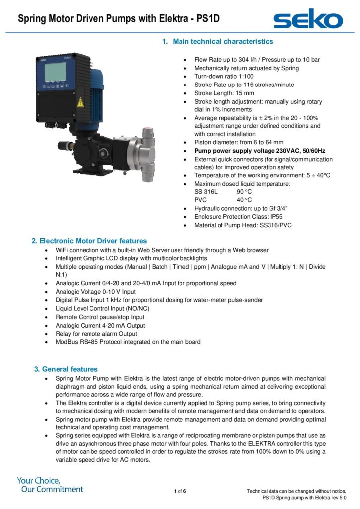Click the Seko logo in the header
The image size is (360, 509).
coord(308,19)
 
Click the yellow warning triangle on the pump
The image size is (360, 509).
coord(80,102)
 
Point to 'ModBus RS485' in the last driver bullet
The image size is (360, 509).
coord(77,342)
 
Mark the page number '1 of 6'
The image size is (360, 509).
coord(180,492)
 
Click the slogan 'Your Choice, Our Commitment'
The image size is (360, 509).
coord(50,485)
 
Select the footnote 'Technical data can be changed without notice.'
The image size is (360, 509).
coord(296,491)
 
